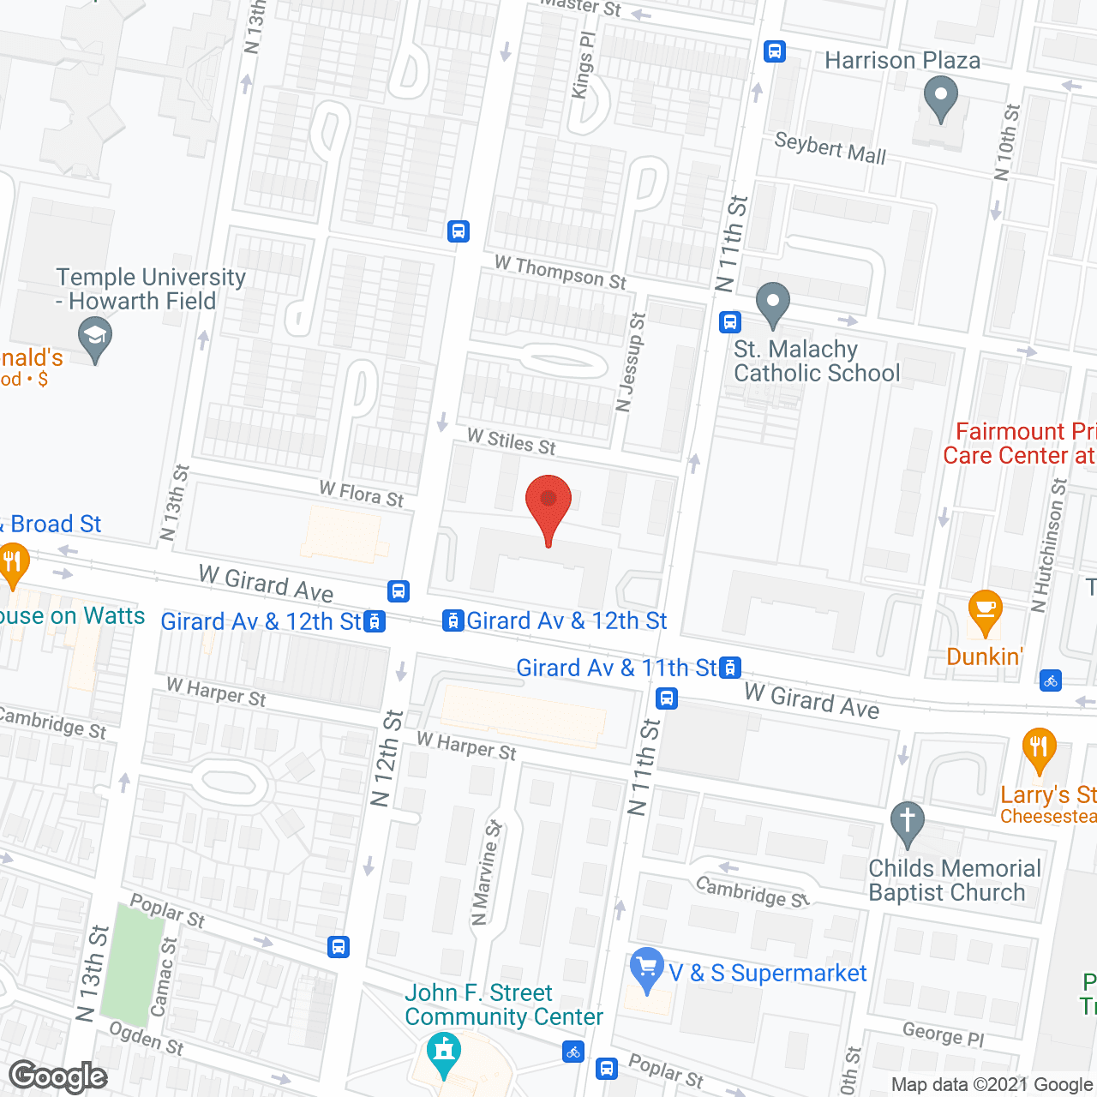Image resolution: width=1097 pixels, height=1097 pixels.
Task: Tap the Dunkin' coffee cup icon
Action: click(x=986, y=610)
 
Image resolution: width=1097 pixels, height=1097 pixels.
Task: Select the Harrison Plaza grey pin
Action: click(x=941, y=98)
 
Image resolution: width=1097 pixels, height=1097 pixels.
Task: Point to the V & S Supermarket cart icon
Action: click(x=647, y=968)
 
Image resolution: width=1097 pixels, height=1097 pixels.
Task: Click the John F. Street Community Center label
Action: click(x=504, y=1004)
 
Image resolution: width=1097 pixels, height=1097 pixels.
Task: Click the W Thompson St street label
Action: click(x=560, y=272)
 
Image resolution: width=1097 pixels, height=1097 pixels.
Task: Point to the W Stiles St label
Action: click(x=512, y=442)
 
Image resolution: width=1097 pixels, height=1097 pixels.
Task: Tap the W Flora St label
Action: click(x=361, y=494)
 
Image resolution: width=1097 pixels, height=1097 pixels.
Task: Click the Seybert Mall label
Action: click(x=830, y=147)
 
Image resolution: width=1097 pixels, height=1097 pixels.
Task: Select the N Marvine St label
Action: click(x=486, y=872)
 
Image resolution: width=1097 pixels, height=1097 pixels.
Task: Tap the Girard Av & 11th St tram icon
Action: click(x=730, y=668)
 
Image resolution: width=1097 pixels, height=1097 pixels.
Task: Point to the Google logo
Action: click(x=58, y=1076)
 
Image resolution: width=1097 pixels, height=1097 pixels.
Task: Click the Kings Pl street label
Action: click(x=583, y=66)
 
